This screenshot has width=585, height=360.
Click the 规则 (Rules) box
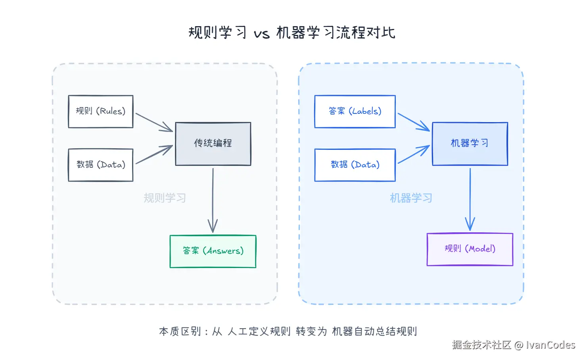(101, 111)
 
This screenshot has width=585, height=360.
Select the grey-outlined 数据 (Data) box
(101, 165)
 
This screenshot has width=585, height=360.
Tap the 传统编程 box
(213, 144)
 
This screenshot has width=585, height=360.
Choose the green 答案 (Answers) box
(213, 251)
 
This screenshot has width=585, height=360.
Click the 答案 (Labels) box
(355, 111)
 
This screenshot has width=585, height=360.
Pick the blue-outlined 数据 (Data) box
(355, 165)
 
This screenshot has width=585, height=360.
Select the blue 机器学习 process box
(470, 144)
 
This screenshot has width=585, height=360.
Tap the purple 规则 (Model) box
(470, 249)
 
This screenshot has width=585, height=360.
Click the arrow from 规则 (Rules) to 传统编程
(154, 122)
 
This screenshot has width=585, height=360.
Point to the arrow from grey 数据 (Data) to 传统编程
(154, 155)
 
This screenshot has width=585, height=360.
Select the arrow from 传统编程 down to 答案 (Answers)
(213, 200)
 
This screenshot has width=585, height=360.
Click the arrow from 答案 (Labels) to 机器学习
(413, 122)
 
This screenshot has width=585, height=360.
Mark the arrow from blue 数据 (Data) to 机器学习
(413, 155)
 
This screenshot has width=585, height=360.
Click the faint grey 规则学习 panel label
(165, 198)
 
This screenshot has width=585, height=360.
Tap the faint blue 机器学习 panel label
(411, 198)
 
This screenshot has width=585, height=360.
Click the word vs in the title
(262, 33)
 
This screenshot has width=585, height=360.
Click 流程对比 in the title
(366, 33)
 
